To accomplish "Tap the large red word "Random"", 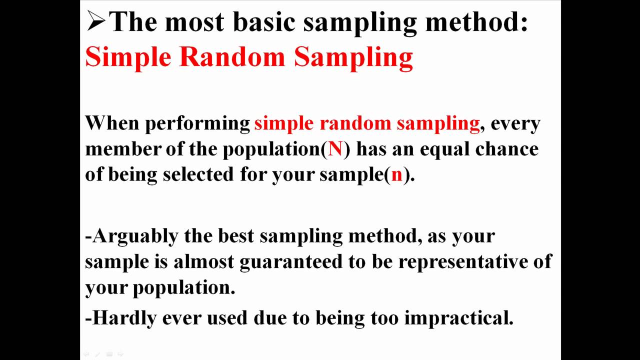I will coord(231,56).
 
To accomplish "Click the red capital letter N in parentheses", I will coord(335,149).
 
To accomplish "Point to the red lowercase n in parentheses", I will coord(396,175).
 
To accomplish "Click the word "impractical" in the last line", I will coord(458,318).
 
